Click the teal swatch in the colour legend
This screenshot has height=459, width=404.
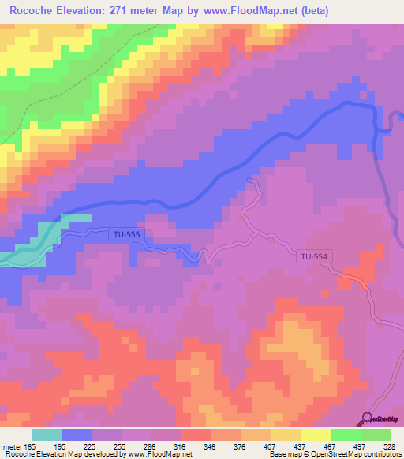[x=47, y=435]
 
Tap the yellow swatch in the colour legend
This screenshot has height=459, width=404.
[x=316, y=435]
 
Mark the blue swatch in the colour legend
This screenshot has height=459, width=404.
[x=77, y=435]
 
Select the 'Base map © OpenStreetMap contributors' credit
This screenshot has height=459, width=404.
[x=334, y=454]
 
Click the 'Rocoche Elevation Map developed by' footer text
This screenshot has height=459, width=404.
[x=55, y=454]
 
